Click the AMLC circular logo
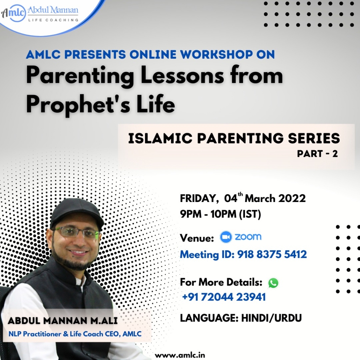(x=14, y=13)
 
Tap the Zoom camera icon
(x=226, y=237)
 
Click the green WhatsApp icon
(x=273, y=283)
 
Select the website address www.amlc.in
(x=180, y=355)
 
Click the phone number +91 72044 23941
(x=224, y=297)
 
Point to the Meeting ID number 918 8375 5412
(x=272, y=254)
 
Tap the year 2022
(x=292, y=199)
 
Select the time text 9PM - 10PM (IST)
(x=221, y=214)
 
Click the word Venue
(x=197, y=238)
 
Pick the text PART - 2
(x=317, y=153)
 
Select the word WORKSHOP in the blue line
(x=216, y=55)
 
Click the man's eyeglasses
(x=77, y=232)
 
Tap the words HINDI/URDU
(x=271, y=318)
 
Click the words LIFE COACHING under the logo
(x=53, y=20)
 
